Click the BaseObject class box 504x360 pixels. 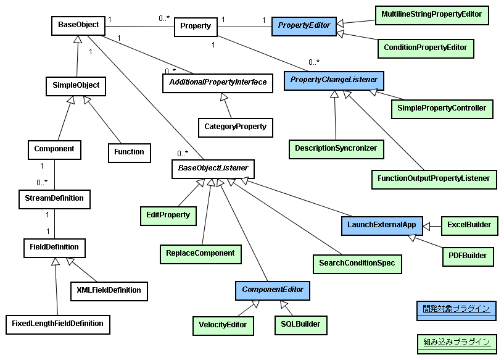(x=78, y=25)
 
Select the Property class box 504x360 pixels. (x=196, y=26)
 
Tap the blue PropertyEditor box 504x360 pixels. (x=304, y=26)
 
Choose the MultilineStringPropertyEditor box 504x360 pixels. (x=431, y=14)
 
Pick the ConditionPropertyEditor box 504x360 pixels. (x=425, y=48)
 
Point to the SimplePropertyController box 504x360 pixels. (x=442, y=109)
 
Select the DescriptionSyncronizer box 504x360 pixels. (x=336, y=148)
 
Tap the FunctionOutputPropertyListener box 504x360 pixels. (x=434, y=179)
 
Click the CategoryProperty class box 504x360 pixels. (x=235, y=127)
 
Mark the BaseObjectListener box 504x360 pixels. (x=212, y=168)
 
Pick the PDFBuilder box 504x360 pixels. (x=468, y=256)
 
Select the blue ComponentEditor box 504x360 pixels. (x=272, y=290)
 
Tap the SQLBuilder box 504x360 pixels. (x=299, y=325)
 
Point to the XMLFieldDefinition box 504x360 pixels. (x=109, y=290)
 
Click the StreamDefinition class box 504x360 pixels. (x=54, y=199)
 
